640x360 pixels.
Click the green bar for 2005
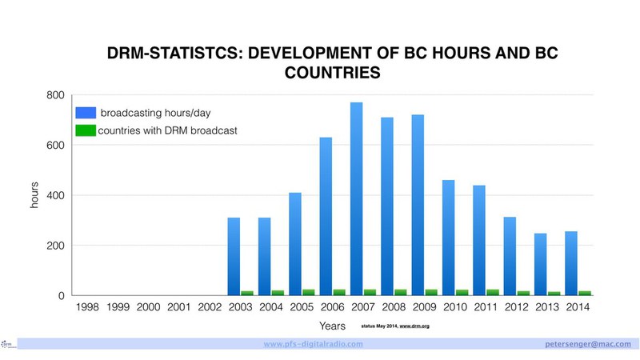(x=309, y=292)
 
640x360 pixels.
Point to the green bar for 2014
(x=585, y=293)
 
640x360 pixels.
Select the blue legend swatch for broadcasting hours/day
(x=86, y=112)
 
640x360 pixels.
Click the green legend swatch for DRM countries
(x=86, y=130)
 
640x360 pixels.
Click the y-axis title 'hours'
(x=34, y=195)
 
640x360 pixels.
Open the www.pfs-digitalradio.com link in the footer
(x=313, y=343)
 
